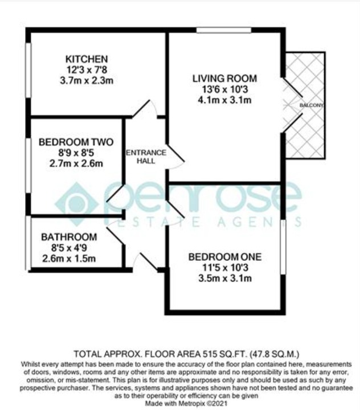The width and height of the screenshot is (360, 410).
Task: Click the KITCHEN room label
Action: coord(87,59)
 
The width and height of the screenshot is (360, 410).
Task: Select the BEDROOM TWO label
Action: coord(76,142)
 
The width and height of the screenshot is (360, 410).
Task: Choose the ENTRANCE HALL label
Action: coord(146,157)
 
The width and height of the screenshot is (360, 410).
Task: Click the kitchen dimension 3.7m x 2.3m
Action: coord(87,80)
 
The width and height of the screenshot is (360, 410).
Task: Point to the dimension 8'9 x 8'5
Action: coord(76,153)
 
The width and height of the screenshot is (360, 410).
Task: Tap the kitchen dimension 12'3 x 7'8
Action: coord(87,70)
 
